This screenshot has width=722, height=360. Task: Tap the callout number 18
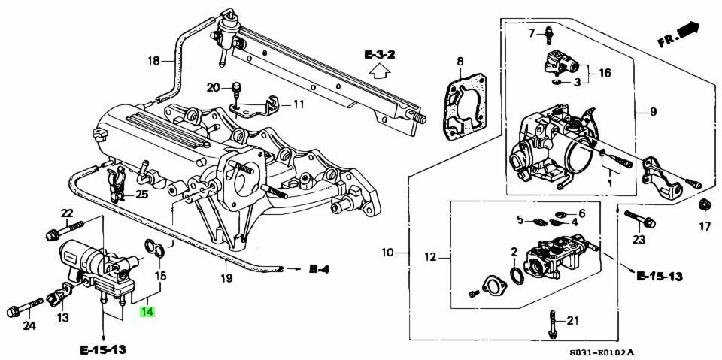coord(153,61)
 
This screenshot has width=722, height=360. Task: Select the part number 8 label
coord(460,61)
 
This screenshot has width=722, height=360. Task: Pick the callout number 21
coord(572,321)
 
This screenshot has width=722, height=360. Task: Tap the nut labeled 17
coord(704,205)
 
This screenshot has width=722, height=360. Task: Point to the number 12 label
coord(429,258)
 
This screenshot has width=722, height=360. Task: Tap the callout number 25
coord(141,195)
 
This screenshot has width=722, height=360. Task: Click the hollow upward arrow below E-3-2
coord(381,72)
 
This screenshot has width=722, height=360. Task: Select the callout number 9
coord(654,112)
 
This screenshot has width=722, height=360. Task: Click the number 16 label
coord(605,73)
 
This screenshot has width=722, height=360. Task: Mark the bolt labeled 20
coord(235,89)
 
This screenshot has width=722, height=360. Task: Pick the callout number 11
coord(298,104)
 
